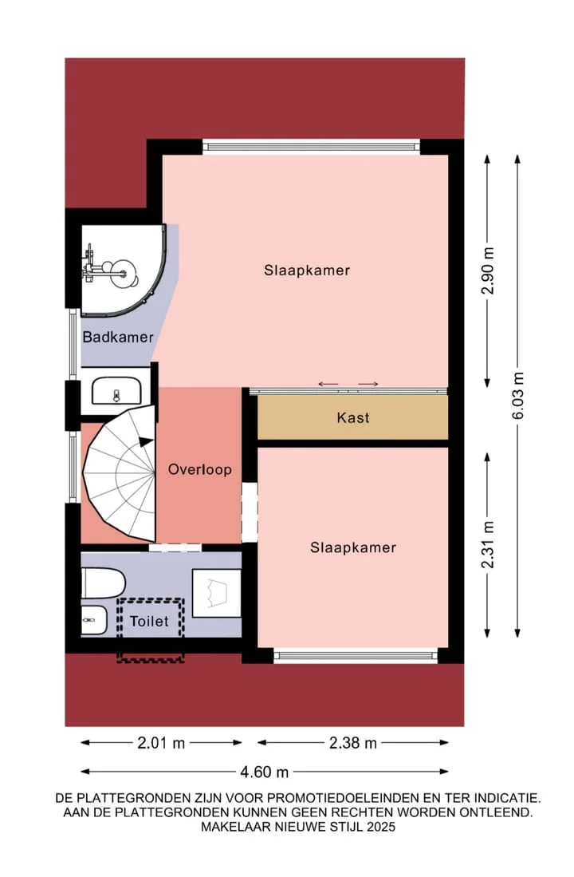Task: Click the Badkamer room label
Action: click(x=118, y=338)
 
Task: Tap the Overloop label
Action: click(x=200, y=469)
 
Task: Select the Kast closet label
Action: click(x=353, y=418)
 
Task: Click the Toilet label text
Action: click(x=149, y=622)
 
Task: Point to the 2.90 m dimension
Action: click(x=489, y=271)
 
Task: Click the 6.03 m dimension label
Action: click(x=518, y=396)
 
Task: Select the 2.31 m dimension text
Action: click(x=489, y=544)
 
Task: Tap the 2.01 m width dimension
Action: click(x=161, y=743)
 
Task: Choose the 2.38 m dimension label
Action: click(x=352, y=743)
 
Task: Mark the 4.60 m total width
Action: click(x=265, y=772)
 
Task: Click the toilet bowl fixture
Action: click(x=103, y=583)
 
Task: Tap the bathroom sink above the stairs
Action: click(x=116, y=390)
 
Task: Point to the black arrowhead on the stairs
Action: click(x=145, y=441)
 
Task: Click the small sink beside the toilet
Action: click(x=94, y=620)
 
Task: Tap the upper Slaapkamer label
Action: click(x=307, y=271)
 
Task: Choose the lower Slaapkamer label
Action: click(x=353, y=547)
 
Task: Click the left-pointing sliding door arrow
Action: click(x=328, y=384)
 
